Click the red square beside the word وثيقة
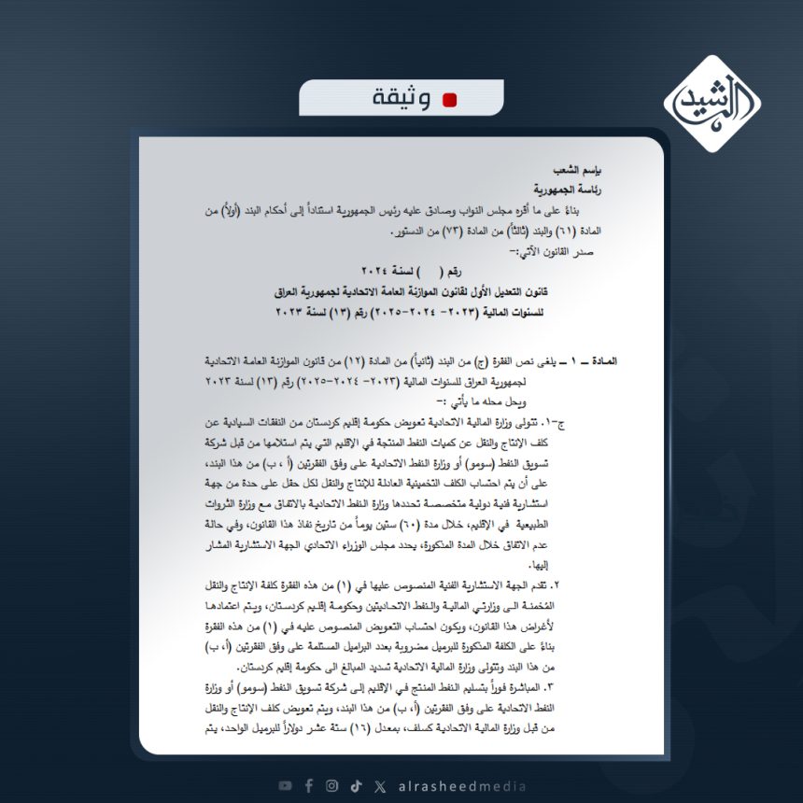[450, 101]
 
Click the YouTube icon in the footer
[285, 785]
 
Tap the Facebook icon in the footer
[309, 785]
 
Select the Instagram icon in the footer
[332, 785]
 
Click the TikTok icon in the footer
[356, 785]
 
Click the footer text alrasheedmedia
[456, 785]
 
